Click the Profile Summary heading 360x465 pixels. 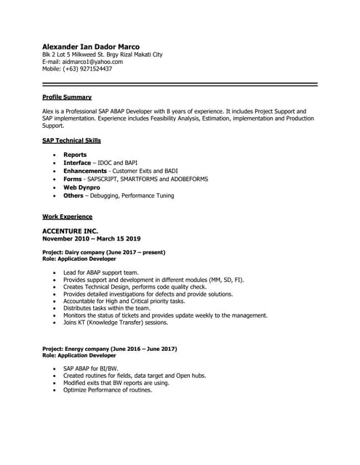67,97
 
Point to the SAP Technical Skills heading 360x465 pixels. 71,140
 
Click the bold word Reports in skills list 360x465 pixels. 75,155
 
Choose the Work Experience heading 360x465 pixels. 67,217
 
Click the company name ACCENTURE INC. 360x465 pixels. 70,231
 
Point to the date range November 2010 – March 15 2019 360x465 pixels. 92,238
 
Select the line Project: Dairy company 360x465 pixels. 104,252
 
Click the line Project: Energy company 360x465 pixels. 109,349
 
